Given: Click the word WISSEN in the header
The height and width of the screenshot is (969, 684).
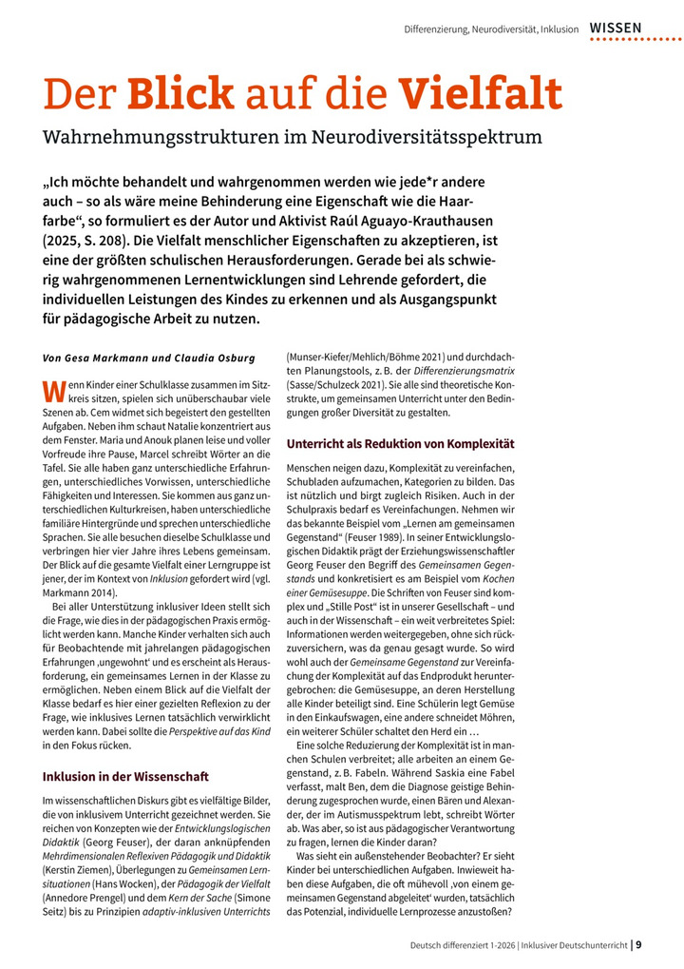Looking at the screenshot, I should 616,29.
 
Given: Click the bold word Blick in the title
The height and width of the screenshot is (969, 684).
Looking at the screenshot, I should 180,95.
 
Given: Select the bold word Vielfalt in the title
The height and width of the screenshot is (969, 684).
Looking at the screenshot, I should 480,95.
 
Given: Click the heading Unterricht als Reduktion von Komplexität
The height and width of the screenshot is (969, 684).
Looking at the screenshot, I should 399,443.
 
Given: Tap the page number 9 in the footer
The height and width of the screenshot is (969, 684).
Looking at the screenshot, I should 638,945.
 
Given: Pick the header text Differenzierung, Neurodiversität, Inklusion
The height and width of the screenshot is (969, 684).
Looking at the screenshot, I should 491,29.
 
